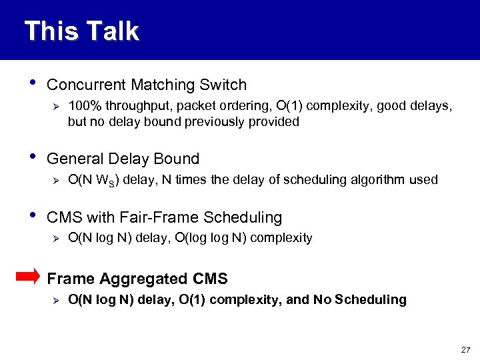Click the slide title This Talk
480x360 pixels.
click(81, 31)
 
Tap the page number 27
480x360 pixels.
click(465, 349)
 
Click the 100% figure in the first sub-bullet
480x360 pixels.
click(82, 106)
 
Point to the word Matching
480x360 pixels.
click(159, 85)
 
